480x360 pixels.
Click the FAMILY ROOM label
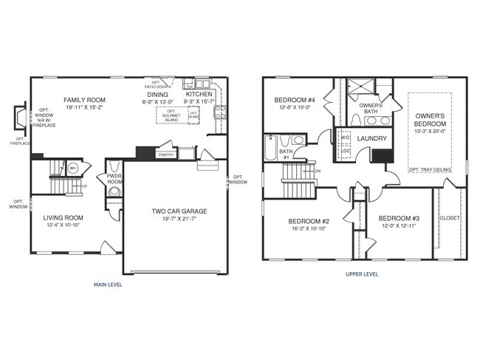84,99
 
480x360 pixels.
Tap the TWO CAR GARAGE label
179,211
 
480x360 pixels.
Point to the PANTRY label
166,155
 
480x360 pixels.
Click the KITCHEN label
199,95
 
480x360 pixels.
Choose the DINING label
157,95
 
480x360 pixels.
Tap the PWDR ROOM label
114,178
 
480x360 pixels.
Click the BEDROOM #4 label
295,101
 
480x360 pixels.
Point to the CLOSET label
449,218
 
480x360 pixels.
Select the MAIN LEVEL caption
108,284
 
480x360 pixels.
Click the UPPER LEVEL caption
362,274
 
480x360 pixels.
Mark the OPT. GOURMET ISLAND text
171,116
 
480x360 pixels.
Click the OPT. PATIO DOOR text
156,84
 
